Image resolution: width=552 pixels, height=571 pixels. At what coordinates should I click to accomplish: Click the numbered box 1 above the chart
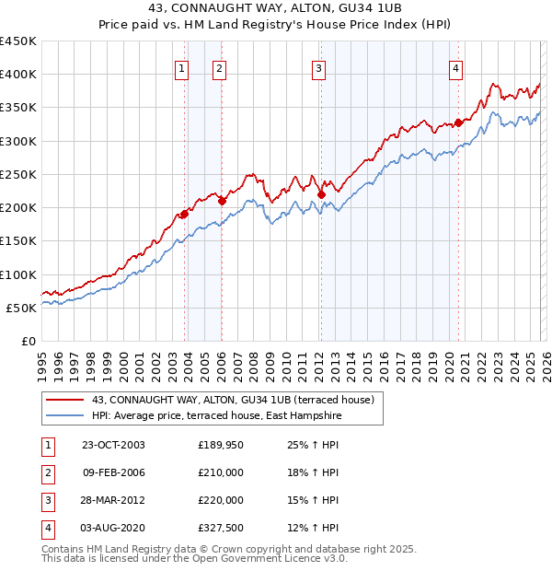coord(181,67)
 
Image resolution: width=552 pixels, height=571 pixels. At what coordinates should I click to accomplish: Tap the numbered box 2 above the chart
coord(219,67)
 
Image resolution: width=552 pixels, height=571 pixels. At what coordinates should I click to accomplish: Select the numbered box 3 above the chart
coord(318,67)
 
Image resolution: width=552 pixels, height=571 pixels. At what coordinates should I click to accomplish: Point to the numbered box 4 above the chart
coord(455,67)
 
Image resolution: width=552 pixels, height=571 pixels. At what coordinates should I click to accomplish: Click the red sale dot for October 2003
coord(184,214)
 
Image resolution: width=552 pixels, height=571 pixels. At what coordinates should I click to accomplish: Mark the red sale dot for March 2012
coord(321,193)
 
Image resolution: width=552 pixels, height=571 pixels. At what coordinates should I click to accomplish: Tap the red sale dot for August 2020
coord(458,122)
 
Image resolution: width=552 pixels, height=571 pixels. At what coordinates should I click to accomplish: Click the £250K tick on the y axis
coord(19,174)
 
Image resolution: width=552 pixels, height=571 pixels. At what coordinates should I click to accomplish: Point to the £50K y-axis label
coord(22,308)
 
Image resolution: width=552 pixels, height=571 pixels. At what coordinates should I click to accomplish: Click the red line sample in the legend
coord(66,401)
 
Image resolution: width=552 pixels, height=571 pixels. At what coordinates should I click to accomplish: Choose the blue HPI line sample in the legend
coord(66,416)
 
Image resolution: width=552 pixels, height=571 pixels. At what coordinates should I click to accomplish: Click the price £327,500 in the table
coord(221,528)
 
